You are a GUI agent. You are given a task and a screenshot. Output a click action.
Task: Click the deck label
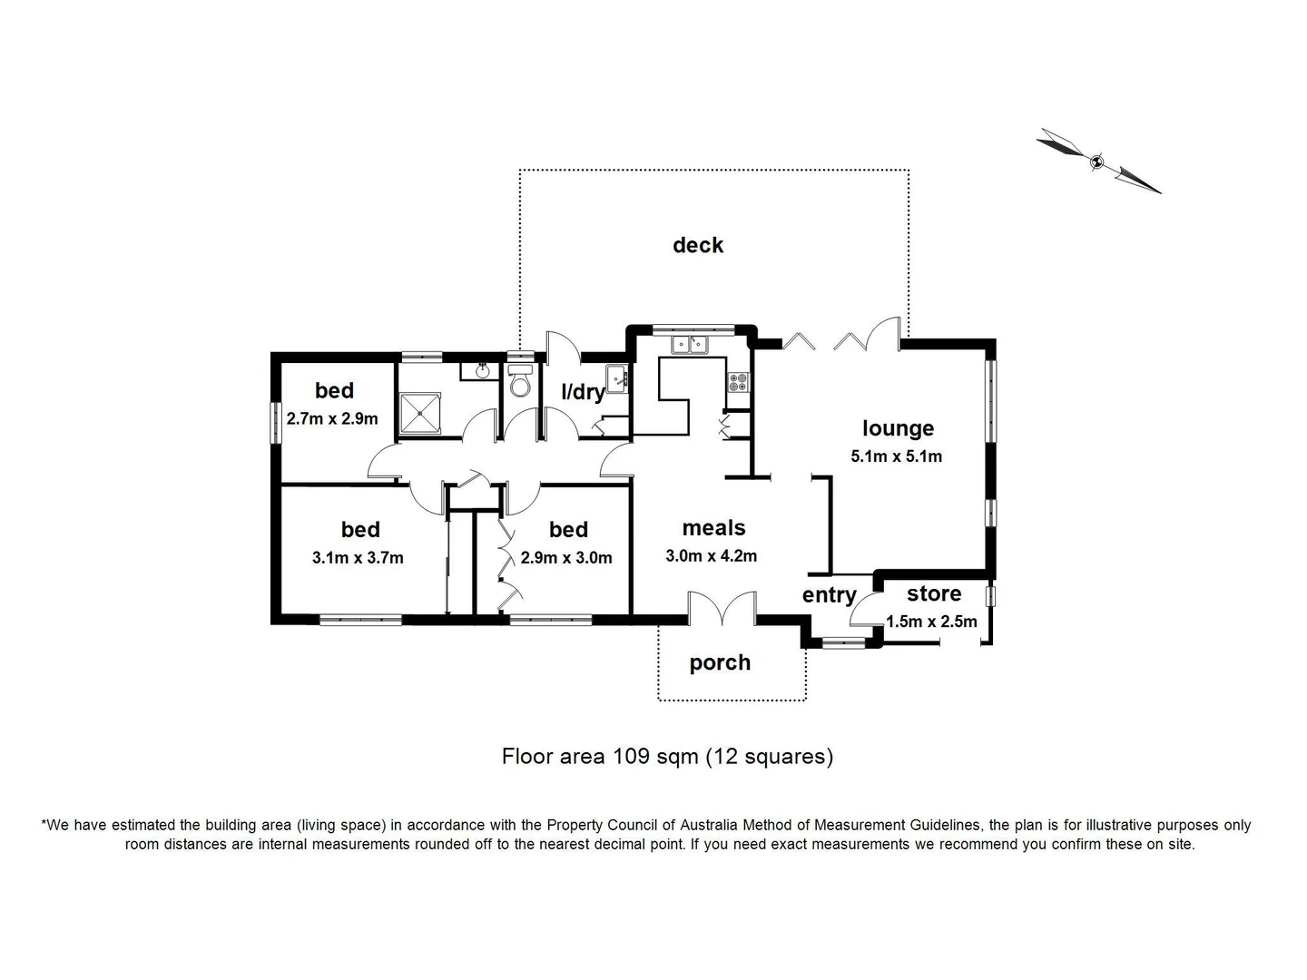[697, 245]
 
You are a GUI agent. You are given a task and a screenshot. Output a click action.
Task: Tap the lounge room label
[897, 428]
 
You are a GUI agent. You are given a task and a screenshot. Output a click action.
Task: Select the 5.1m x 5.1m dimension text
[896, 456]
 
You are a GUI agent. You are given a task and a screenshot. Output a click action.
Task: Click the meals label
[713, 528]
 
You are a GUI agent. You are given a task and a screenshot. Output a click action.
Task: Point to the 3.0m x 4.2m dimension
[711, 556]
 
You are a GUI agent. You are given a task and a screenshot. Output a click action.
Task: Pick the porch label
[720, 662]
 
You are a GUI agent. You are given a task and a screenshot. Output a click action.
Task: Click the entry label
[829, 595]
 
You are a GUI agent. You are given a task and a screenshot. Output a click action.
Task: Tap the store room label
[933, 593]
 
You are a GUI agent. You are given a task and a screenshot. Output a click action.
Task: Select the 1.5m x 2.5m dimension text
[931, 622]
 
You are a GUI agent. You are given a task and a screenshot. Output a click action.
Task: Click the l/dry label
[583, 392]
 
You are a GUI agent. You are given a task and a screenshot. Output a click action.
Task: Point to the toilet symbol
[520, 382]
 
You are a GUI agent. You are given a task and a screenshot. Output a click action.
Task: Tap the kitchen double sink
[690, 345]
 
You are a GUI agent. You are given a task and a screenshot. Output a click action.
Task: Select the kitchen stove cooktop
[738, 383]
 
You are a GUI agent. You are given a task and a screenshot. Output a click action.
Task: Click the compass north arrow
[1098, 162]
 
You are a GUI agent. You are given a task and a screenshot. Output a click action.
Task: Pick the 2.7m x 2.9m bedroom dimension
[332, 419]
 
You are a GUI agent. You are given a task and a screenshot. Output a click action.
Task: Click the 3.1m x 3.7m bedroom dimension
[358, 558]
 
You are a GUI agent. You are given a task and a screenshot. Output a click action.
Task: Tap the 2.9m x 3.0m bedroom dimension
[566, 558]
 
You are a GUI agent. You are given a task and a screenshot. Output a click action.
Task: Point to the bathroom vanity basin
[481, 370]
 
